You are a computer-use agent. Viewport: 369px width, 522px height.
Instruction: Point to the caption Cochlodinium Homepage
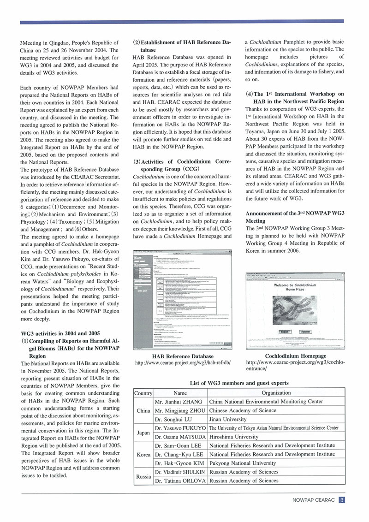tap(296, 356)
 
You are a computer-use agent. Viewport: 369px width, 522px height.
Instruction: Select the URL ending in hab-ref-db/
tap(183, 363)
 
